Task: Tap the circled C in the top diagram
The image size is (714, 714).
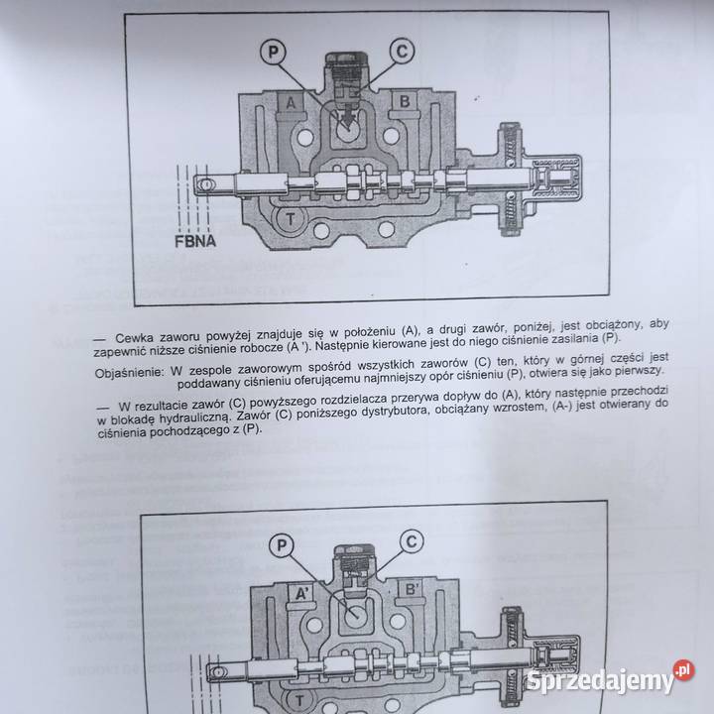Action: (x=400, y=50)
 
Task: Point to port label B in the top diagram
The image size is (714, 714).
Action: (x=406, y=102)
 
